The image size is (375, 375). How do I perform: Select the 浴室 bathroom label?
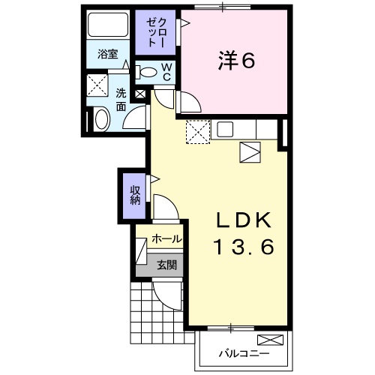107,54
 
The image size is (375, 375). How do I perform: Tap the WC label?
167,72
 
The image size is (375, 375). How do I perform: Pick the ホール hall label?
166,238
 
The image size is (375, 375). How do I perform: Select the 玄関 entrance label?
166,264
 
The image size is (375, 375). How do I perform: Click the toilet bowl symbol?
149,73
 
